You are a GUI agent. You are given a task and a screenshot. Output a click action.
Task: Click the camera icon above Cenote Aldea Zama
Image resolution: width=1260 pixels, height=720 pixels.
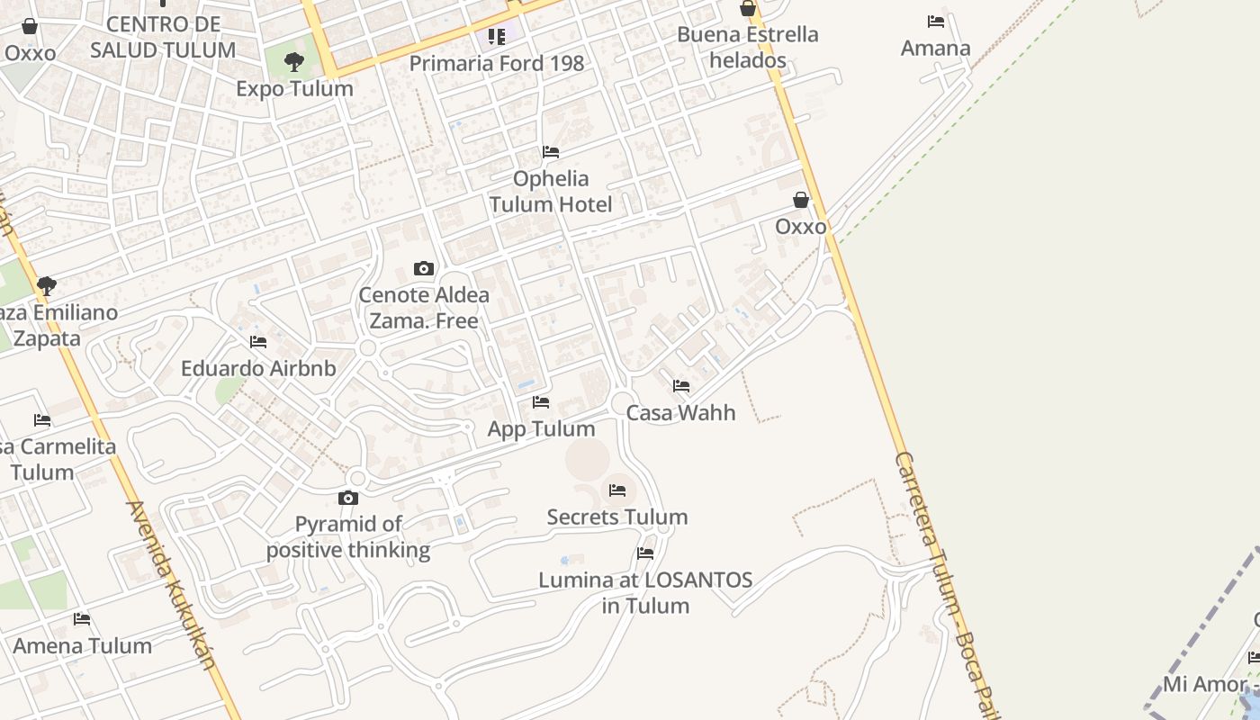424,268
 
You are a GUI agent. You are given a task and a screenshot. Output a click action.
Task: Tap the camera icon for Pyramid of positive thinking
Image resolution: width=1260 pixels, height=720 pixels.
348,498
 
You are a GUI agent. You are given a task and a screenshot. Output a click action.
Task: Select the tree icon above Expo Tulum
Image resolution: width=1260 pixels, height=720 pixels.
293,62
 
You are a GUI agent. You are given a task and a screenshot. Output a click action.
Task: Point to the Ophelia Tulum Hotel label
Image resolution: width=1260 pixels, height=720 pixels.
551,192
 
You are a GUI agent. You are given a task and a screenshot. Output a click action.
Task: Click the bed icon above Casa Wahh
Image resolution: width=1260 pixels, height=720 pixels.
681,386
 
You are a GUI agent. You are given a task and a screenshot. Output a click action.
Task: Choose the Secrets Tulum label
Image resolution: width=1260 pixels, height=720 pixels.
617,517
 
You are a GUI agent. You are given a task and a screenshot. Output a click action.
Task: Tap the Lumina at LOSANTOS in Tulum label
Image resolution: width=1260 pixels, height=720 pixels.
645,592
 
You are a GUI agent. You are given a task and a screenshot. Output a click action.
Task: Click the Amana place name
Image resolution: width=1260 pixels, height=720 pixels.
936,49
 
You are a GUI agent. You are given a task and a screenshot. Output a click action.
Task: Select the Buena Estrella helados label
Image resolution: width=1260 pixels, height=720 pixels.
747,48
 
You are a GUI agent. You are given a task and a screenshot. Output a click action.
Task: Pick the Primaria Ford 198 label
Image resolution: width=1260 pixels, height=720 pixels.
497,63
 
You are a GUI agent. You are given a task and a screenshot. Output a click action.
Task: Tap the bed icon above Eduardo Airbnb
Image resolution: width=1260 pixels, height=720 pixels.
258,342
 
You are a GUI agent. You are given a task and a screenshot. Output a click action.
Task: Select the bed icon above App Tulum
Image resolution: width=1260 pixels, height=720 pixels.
541,402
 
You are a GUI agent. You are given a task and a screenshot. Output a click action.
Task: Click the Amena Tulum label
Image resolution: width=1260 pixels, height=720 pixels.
82,645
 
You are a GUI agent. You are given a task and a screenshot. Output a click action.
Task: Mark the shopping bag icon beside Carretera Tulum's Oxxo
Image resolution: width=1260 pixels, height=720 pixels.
801,200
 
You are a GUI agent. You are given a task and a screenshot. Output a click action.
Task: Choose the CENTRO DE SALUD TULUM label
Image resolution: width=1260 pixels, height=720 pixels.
163,37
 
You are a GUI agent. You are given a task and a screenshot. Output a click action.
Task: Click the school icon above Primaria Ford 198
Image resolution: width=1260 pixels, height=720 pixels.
496,37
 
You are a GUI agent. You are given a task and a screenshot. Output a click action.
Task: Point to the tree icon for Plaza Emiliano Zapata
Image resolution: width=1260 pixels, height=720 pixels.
47,286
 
